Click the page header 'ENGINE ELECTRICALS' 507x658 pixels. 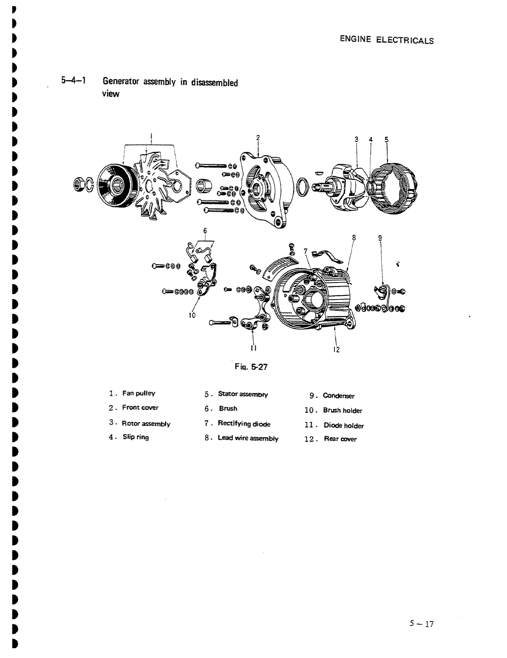(386, 40)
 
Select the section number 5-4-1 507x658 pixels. (73, 81)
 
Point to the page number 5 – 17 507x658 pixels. (421, 624)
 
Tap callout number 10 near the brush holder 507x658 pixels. (192, 315)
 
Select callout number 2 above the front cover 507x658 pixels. (258, 138)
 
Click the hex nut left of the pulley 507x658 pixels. (78, 184)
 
